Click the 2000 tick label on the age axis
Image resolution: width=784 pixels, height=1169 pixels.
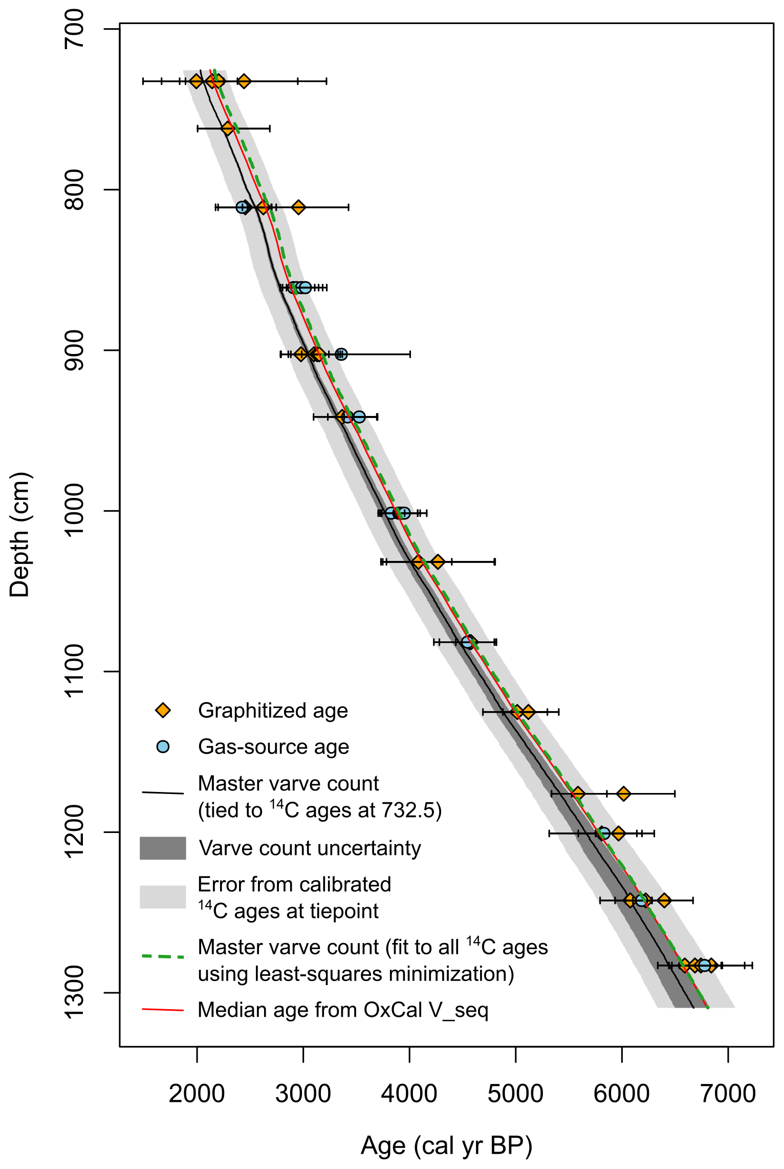point(197,1094)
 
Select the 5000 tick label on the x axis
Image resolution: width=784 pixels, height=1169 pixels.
point(515,1094)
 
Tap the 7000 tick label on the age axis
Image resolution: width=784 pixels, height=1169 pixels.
point(728,1094)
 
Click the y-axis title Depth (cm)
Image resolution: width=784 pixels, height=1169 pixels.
point(20,535)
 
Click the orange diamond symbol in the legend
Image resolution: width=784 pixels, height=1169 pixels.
point(163,711)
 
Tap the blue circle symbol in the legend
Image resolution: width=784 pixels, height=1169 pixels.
point(163,746)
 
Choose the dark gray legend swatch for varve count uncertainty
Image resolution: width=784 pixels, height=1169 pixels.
point(163,848)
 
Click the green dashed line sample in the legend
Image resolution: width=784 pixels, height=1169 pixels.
point(163,956)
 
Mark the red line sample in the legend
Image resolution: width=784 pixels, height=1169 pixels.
point(163,1010)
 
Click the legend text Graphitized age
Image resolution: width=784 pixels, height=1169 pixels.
point(273,711)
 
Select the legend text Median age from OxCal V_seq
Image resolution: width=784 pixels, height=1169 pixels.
point(343,1010)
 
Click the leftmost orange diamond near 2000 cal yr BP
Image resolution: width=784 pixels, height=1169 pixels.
point(196,81)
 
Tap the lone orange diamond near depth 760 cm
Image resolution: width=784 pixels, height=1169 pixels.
point(227,128)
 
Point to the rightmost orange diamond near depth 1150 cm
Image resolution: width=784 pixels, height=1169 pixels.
point(528,712)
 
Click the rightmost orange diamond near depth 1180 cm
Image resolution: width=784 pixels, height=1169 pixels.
point(623,794)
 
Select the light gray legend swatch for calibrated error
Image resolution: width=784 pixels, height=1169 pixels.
point(163,897)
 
